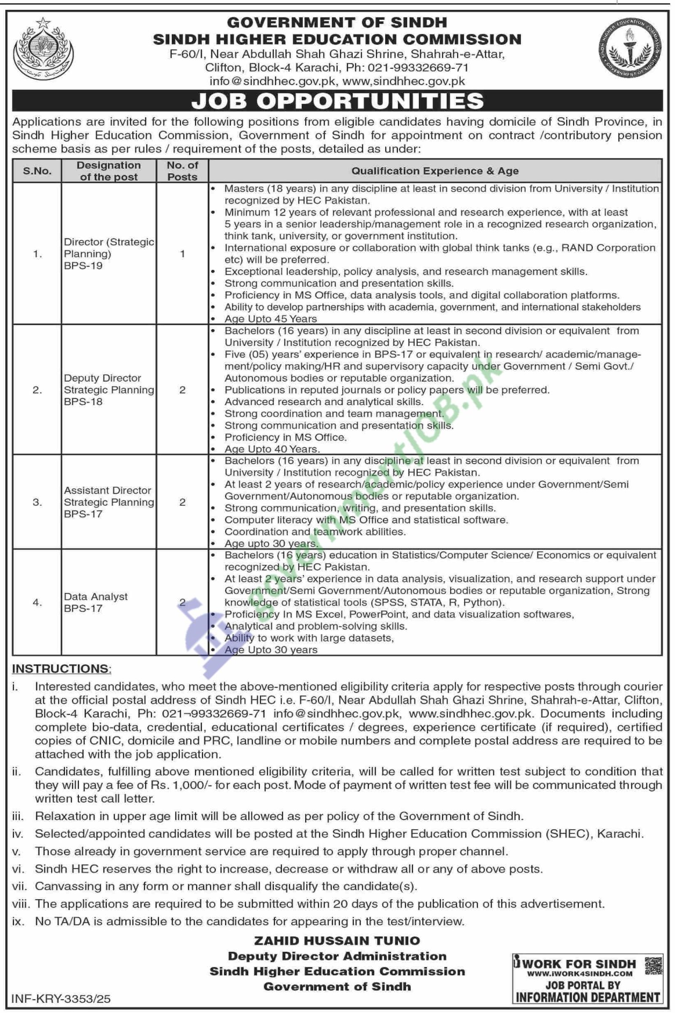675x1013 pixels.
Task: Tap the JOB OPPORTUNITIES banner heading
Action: coord(337,101)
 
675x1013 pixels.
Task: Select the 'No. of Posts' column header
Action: coord(183,171)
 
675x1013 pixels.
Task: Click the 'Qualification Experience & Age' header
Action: coord(435,171)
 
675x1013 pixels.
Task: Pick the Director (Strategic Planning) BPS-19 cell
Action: coord(108,254)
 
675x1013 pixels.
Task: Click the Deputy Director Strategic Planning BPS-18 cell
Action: coord(108,390)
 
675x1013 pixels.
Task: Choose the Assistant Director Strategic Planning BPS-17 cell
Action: coord(108,502)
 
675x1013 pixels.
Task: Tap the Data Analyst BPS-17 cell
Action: coord(96,602)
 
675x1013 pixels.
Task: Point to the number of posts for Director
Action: coord(183,254)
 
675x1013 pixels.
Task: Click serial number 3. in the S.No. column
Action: coord(38,502)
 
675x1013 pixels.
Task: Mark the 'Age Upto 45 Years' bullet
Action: coord(270,319)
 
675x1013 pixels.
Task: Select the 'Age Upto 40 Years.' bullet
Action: coord(272,449)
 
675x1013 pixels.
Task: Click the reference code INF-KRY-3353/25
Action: coord(61,998)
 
